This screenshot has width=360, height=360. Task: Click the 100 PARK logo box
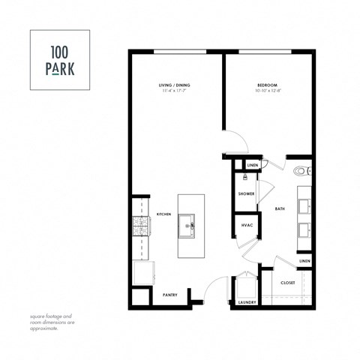(x=60, y=60)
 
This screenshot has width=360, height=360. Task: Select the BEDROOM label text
(x=268, y=86)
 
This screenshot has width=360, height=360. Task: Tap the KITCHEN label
(x=164, y=214)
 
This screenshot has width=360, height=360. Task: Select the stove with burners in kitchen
(x=139, y=227)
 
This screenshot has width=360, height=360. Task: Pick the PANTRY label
(x=170, y=295)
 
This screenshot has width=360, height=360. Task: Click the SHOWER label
(x=246, y=193)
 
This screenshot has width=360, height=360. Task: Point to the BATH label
(x=280, y=209)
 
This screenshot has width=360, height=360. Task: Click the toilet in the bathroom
(x=303, y=171)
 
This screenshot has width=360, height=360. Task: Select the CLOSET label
(x=287, y=283)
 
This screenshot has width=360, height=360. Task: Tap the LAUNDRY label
(x=247, y=302)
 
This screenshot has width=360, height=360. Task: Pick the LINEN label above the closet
(x=304, y=261)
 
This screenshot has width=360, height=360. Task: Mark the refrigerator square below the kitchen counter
(x=142, y=271)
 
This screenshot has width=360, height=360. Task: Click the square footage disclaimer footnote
(x=52, y=321)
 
